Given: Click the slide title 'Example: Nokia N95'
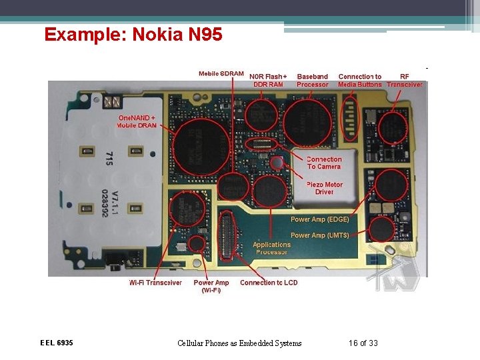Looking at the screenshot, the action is [133, 34].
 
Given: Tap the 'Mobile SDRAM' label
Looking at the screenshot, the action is [221, 73].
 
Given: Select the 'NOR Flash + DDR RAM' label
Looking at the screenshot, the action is [268, 81].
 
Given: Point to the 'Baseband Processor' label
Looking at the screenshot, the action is [313, 81].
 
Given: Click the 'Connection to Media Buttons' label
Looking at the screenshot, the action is [360, 81].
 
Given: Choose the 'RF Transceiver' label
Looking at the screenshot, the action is [405, 81].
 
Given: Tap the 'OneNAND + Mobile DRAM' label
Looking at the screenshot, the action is [137, 121].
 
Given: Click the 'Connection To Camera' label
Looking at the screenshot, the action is [324, 163].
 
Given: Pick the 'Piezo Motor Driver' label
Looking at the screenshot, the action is [325, 188].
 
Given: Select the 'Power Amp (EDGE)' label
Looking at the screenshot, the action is [319, 219].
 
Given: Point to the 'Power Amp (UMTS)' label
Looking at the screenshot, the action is [319, 235].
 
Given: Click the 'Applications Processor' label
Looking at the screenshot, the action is [271, 248].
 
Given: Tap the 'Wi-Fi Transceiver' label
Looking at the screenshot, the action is [155, 283].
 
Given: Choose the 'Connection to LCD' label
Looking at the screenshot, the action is [269, 283].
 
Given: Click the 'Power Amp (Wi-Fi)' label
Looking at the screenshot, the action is [211, 286].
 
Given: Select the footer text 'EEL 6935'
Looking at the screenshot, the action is [57, 343].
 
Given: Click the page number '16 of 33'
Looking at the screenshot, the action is [363, 343].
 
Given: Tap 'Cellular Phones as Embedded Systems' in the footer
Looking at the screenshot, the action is [239, 343].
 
